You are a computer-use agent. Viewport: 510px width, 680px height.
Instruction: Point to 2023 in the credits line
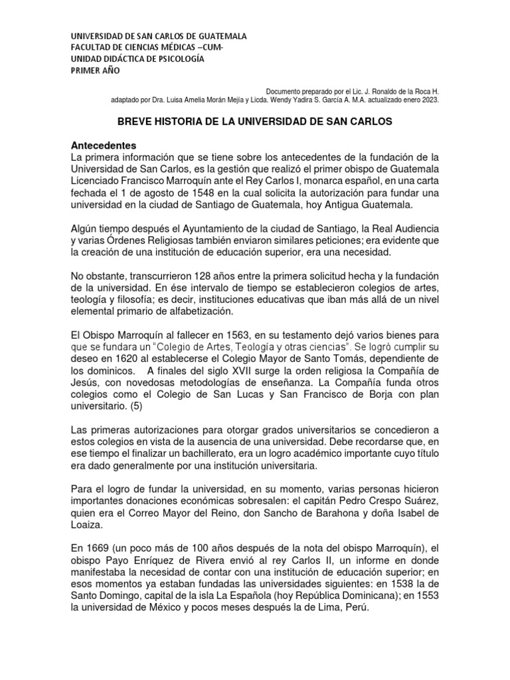pos(429,100)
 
